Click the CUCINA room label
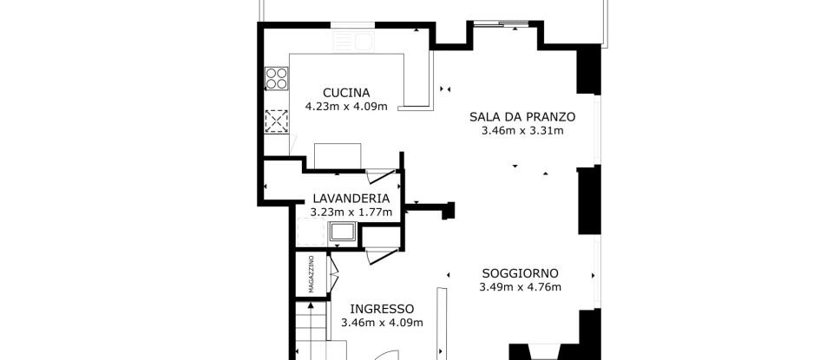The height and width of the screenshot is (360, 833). click(346, 94)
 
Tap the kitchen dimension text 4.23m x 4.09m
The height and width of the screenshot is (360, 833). click(346, 108)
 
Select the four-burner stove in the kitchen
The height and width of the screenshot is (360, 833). click(277, 79)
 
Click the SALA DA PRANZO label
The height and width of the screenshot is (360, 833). click(522, 117)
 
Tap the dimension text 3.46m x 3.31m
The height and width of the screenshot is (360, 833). click(522, 131)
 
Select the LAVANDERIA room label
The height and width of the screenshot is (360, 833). click(351, 198)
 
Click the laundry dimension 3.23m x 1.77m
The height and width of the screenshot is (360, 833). click(351, 212)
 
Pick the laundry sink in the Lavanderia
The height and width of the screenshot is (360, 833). click(343, 232)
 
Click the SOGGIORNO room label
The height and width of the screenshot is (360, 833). click(520, 272)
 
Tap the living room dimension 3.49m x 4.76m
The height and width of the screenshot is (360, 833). click(520, 287)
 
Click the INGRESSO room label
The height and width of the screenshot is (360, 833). click(382, 309)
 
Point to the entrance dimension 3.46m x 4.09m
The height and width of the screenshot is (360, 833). click(382, 323)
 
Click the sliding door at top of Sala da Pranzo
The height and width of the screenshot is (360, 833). click(508, 23)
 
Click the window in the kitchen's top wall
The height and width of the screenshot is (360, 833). click(353, 23)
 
